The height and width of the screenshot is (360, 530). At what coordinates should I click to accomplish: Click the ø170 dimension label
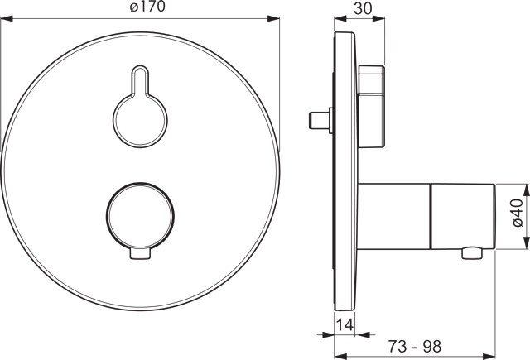(x=147, y=7)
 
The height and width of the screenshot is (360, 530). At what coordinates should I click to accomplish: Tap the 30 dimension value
(x=363, y=8)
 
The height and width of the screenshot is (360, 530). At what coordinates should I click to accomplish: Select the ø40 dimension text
(x=517, y=213)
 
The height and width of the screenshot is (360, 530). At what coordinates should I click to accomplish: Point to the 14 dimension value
(x=345, y=325)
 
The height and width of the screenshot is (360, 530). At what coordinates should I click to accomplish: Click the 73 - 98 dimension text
(x=414, y=346)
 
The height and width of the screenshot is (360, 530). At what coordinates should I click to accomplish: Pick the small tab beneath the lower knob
(x=140, y=255)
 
